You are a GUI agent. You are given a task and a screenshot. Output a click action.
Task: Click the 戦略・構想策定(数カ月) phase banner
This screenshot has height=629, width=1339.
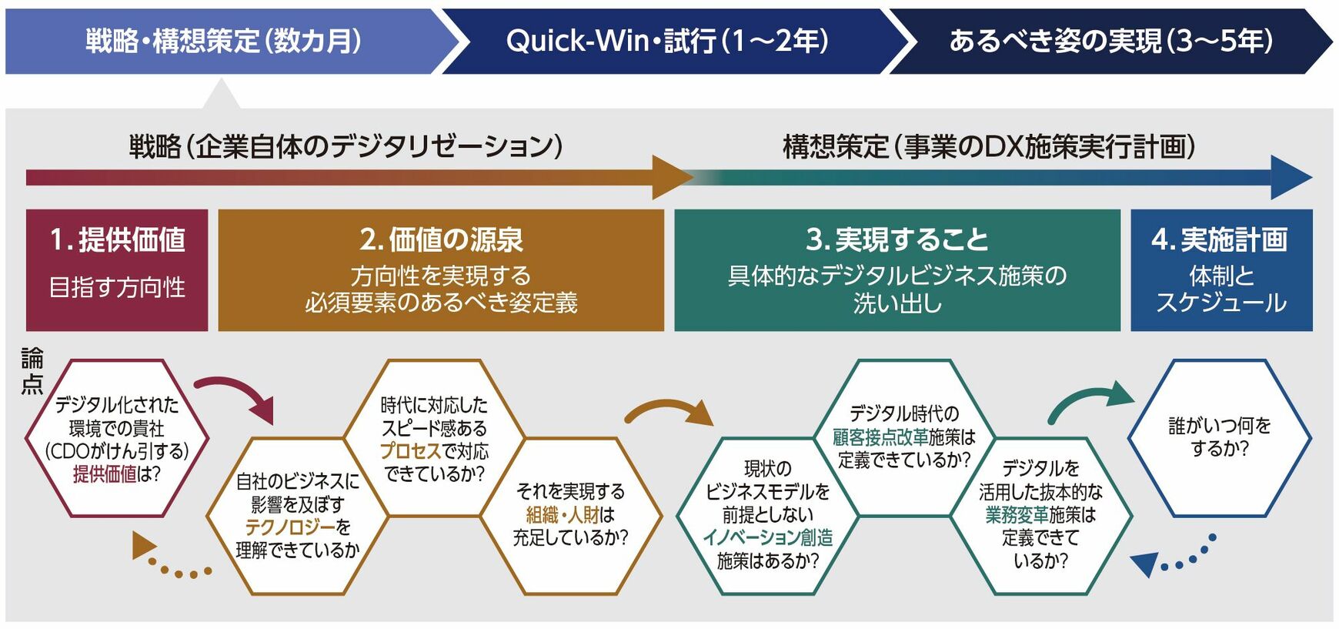click(223, 42)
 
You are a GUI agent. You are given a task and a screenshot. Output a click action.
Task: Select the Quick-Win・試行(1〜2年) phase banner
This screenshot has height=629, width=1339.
click(666, 42)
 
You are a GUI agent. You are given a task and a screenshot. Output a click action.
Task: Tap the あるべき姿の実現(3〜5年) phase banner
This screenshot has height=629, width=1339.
click(1110, 42)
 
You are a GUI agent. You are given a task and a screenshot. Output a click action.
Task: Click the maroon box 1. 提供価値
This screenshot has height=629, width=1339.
click(117, 269)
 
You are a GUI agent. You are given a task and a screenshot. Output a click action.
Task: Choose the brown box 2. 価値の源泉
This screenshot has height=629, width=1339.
click(441, 269)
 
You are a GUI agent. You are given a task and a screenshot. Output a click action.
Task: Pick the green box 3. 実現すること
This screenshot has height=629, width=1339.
click(897, 269)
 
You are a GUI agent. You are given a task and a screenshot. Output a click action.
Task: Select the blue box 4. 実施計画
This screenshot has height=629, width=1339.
click(1221, 269)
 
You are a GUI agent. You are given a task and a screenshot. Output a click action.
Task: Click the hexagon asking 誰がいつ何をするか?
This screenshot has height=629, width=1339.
click(1220, 437)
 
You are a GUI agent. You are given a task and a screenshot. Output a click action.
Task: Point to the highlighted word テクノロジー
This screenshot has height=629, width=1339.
click(290, 527)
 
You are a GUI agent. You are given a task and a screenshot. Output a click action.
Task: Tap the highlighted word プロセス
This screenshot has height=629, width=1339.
click(410, 451)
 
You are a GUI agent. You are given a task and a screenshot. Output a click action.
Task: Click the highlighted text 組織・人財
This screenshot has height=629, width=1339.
click(561, 514)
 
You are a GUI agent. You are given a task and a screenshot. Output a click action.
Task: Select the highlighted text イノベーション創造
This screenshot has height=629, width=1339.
click(767, 537)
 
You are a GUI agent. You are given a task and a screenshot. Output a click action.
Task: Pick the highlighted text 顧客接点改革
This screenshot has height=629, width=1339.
click(880, 437)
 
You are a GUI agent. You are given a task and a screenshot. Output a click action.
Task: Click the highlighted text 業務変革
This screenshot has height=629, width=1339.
click(1017, 514)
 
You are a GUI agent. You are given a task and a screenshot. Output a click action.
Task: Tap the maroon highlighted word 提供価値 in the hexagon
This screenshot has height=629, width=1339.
click(105, 474)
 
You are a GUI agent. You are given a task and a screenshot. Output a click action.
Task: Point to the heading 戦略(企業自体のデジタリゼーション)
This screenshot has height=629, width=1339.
click(346, 146)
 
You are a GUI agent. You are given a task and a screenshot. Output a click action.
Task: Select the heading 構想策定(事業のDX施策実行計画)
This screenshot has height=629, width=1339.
click(989, 146)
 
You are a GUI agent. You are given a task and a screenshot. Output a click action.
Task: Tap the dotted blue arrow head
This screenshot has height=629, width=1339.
click(1146, 564)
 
